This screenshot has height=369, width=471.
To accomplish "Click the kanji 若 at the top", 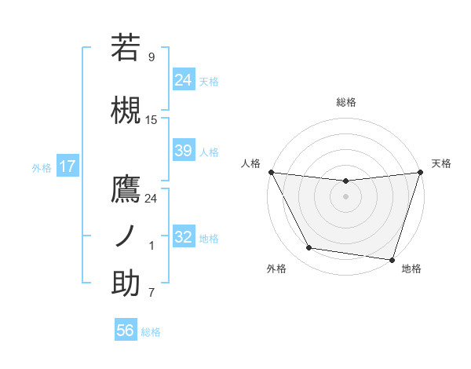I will click(x=126, y=48).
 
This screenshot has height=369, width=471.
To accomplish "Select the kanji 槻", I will click(x=126, y=111).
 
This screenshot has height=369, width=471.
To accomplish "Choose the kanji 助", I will click(x=126, y=283).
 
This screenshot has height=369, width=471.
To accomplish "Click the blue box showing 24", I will click(x=184, y=79).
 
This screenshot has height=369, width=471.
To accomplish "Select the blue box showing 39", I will click(x=184, y=151).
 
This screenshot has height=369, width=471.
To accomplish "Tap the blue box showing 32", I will click(x=184, y=237).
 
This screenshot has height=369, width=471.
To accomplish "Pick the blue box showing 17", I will click(x=67, y=167).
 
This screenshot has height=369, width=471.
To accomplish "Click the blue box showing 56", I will click(x=126, y=331).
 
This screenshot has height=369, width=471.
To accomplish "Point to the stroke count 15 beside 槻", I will click(x=152, y=120).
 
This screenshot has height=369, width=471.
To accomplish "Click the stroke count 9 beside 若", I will click(x=152, y=57).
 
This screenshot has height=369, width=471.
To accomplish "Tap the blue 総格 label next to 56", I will click(x=151, y=332).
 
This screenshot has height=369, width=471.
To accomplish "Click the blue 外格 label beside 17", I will click(x=42, y=168).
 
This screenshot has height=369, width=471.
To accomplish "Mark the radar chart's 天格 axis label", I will click(x=442, y=163).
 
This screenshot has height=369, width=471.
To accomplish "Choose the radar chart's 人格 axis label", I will click(x=250, y=163).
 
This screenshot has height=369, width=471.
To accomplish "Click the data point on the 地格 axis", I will click(x=392, y=259).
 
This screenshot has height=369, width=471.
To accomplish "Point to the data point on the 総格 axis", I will click(x=345, y=181).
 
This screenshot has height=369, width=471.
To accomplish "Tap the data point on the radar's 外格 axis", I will click(x=309, y=248).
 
